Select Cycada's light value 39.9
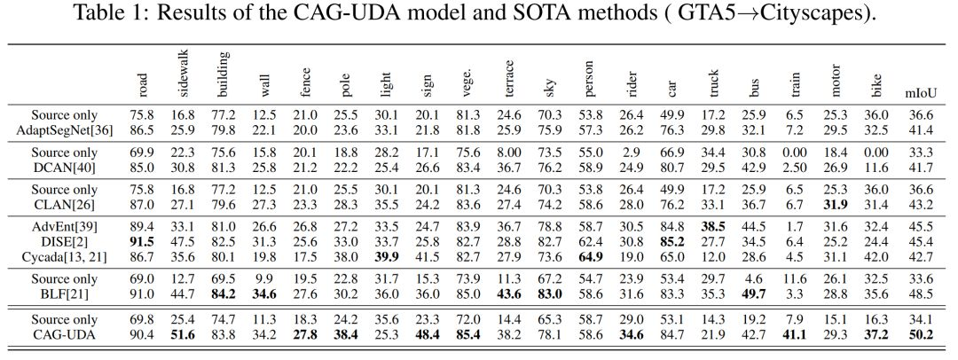387,256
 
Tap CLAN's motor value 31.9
836,205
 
